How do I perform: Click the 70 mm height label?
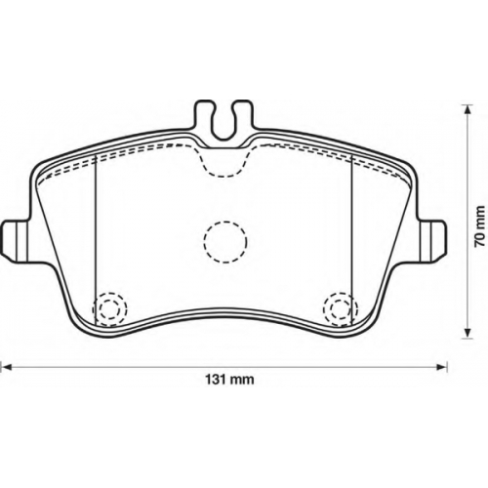tap(479, 226)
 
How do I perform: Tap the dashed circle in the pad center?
tap(225, 242)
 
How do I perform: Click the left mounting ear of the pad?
tap(17, 241)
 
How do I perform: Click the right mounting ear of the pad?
tap(432, 241)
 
